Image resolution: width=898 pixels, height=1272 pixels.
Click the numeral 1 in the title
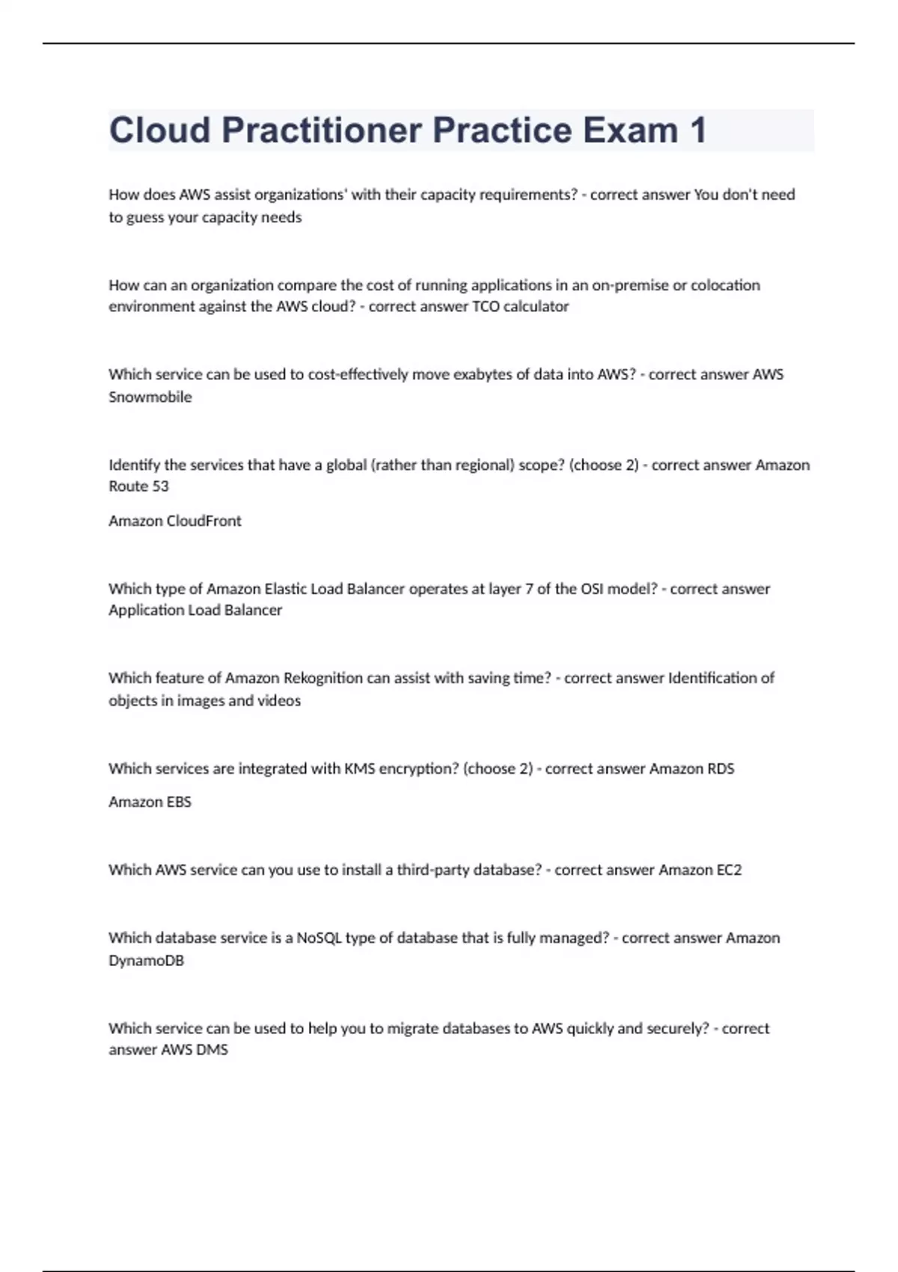(697, 131)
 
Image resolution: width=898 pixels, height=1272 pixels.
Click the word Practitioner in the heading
(322, 131)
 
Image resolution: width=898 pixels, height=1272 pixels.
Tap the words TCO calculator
(520, 306)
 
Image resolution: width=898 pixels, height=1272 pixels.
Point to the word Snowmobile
(150, 397)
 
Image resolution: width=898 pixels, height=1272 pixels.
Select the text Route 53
(138, 486)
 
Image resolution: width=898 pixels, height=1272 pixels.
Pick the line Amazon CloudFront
(174, 521)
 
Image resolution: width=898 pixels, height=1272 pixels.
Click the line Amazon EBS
(150, 801)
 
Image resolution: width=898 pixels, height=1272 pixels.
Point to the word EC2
(728, 869)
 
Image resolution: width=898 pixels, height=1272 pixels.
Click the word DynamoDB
(146, 960)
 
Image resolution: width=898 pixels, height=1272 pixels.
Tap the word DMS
(212, 1050)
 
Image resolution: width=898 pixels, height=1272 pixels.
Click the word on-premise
(630, 285)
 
